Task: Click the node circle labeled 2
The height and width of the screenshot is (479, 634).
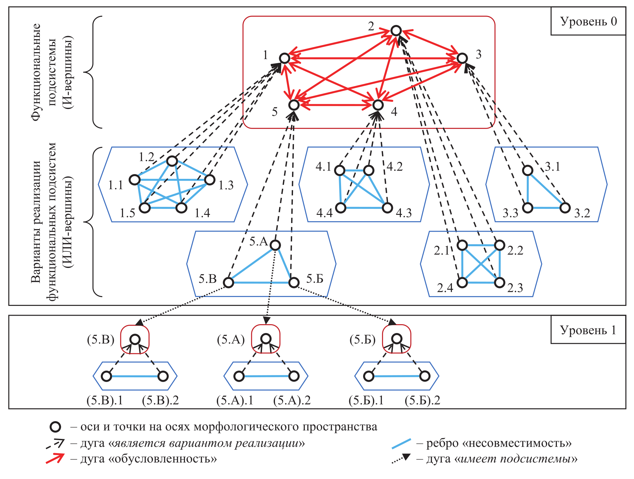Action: pyautogui.click(x=396, y=31)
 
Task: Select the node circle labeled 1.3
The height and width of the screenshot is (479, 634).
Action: pyautogui.click(x=210, y=180)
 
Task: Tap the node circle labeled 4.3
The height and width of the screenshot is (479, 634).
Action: pyautogui.click(x=387, y=208)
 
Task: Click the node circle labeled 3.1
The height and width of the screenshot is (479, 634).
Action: pyautogui.click(x=527, y=170)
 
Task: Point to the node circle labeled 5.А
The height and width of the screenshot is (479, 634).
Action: pyautogui.click(x=275, y=245)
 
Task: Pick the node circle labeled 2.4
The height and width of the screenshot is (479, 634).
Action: pyautogui.click(x=462, y=282)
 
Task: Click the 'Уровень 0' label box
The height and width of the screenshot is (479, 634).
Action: pyautogui.click(x=588, y=21)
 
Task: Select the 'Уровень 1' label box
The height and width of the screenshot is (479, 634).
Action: pyautogui.click(x=588, y=330)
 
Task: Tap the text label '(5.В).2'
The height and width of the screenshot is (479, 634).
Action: pyautogui.click(x=160, y=400)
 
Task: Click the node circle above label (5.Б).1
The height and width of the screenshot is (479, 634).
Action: pyautogui.click(x=369, y=376)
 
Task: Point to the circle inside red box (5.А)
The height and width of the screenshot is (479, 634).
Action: pyautogui.click(x=266, y=339)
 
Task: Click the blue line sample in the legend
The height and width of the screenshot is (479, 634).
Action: pyautogui.click(x=401, y=444)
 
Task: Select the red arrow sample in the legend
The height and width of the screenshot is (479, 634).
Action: pyautogui.click(x=55, y=458)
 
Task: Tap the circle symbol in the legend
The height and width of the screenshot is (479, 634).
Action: pyautogui.click(x=55, y=427)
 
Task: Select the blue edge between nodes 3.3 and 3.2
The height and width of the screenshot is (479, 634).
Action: pyautogui.click(x=546, y=208)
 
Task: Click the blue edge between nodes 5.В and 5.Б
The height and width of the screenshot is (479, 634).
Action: pyautogui.click(x=261, y=282)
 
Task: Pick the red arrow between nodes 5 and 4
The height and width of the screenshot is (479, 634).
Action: pyautogui.click(x=336, y=105)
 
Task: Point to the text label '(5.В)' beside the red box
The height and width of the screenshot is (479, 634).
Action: pyautogui.click(x=101, y=339)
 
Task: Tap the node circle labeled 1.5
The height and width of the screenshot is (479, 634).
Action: pyautogui.click(x=145, y=208)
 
